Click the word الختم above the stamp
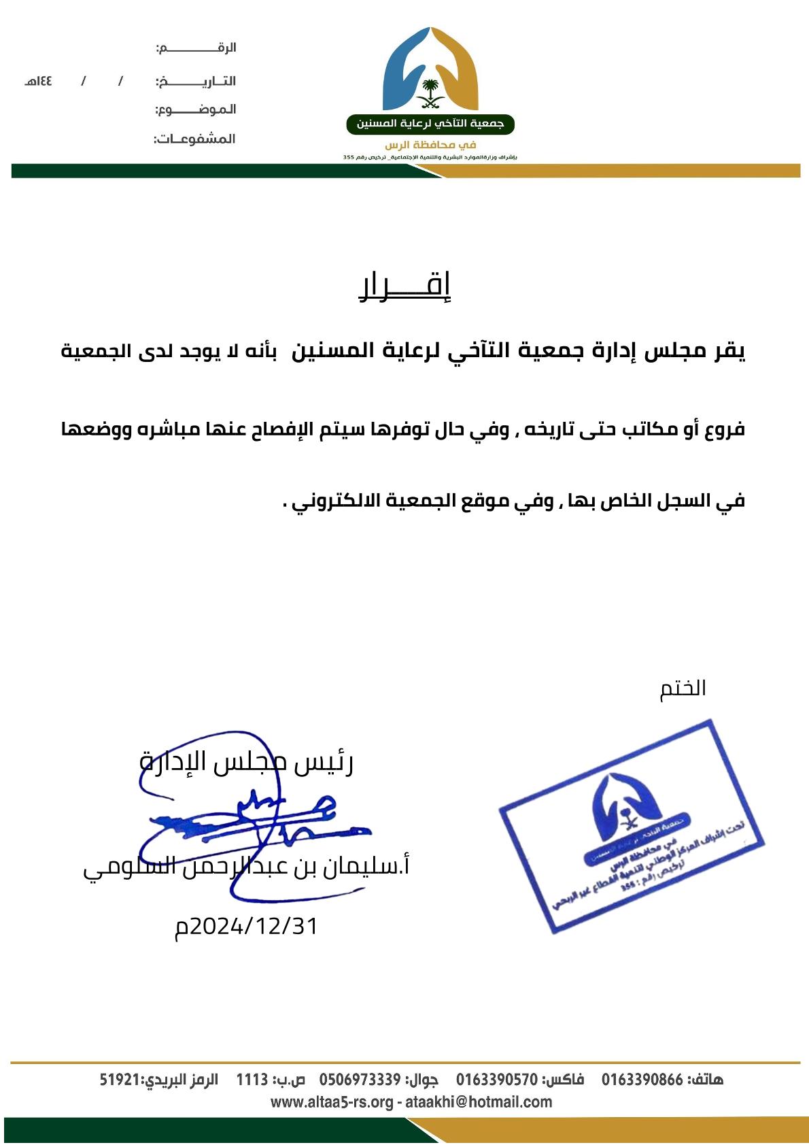point(683,688)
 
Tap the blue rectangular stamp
point(632,825)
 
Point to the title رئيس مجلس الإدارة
point(247,762)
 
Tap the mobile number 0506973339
point(360,1080)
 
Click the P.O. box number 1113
point(252,1080)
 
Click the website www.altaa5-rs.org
point(332,1102)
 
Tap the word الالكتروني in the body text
point(337,501)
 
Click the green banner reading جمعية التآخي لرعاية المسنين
point(430,125)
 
